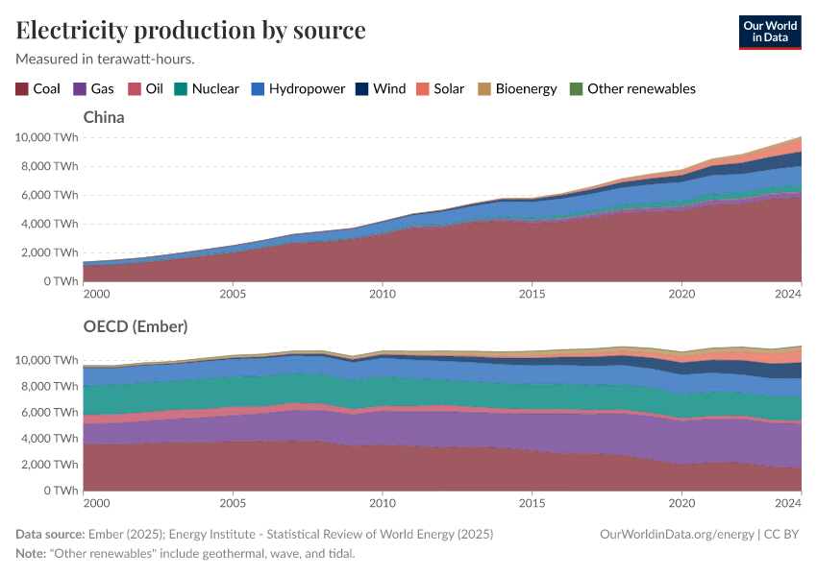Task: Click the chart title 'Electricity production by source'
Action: click(190, 30)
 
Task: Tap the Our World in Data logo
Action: click(769, 32)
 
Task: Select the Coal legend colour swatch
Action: click(22, 88)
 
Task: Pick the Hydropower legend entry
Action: click(298, 88)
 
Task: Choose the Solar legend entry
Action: click(440, 88)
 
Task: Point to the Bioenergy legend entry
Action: click(517, 88)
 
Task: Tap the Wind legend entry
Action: click(381, 88)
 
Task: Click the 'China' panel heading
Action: click(104, 117)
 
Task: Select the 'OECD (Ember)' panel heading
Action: click(136, 326)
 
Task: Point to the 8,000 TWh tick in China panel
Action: click(45, 166)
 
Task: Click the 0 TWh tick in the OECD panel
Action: click(56, 491)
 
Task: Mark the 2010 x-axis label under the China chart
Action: click(383, 293)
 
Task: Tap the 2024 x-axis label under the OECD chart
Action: click(788, 502)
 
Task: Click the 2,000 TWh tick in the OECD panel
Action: click(45, 465)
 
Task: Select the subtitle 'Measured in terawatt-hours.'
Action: click(106, 59)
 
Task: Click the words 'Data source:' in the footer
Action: click(50, 534)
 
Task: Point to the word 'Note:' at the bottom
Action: click(33, 554)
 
